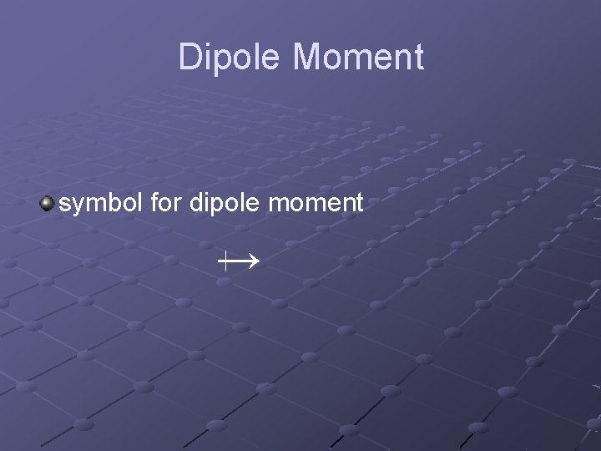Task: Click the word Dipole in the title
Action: coord(231,58)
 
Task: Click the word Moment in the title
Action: coord(359,58)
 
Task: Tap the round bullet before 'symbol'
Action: coord(48,202)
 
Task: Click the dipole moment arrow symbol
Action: coord(239,261)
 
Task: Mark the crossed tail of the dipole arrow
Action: coord(226,261)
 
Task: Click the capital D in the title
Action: coord(191,58)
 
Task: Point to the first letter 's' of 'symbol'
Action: coord(65,204)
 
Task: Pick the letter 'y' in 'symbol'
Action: coord(78,205)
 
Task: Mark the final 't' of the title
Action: coord(418,58)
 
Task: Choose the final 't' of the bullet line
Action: coord(359,203)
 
